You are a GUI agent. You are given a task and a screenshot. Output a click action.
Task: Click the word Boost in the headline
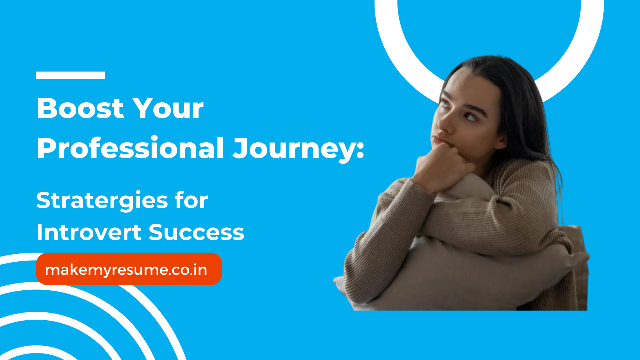(x=80, y=109)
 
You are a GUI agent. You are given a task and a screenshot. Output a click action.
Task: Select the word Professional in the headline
(x=130, y=149)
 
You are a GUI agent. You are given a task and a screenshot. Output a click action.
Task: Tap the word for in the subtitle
(x=191, y=201)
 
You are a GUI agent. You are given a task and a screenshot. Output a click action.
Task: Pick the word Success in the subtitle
(x=197, y=233)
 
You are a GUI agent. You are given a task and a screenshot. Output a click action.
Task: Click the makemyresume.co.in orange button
(x=129, y=269)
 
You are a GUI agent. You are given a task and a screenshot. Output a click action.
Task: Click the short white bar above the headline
(x=71, y=75)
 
